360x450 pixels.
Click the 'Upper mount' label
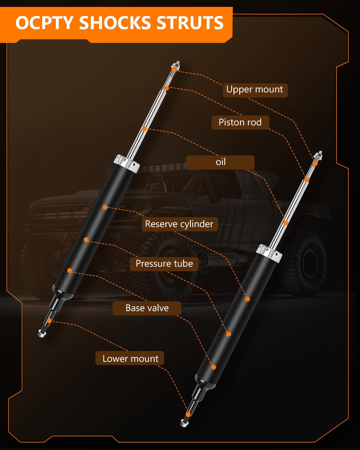(x=255, y=90)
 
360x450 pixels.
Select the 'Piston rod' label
(x=240, y=122)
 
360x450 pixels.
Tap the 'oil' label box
(x=220, y=162)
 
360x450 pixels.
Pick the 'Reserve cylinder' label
(x=179, y=224)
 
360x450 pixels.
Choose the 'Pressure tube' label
(x=164, y=264)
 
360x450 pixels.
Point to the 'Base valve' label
(x=147, y=308)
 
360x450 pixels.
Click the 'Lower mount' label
(x=130, y=358)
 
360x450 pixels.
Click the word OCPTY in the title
(x=44, y=23)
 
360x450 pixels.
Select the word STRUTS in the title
(x=190, y=23)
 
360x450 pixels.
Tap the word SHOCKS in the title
(x=115, y=23)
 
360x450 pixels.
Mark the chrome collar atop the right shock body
(x=269, y=251)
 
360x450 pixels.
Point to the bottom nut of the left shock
(x=42, y=333)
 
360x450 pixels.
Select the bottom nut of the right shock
(x=184, y=423)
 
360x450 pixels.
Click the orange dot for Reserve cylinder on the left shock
(x=105, y=207)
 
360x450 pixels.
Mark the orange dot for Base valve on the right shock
(x=214, y=367)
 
